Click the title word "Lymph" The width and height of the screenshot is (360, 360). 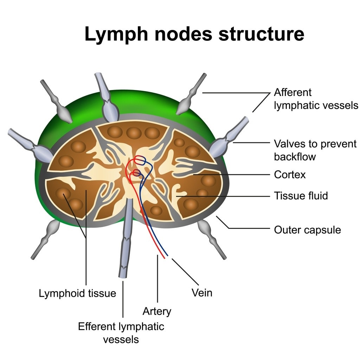pyautogui.click(x=116, y=34)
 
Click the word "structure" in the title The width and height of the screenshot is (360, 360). pyautogui.click(x=262, y=34)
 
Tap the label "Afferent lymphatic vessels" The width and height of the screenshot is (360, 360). pyautogui.click(x=316, y=99)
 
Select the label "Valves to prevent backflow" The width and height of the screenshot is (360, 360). pyautogui.click(x=315, y=150)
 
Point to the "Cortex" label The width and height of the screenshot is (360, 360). pyautogui.click(x=290, y=175)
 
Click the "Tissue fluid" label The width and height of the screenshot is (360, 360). pyautogui.click(x=301, y=196)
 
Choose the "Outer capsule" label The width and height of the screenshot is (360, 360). pyautogui.click(x=307, y=230)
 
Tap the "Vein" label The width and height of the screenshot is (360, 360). pyautogui.click(x=202, y=293)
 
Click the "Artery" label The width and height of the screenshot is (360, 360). pyautogui.click(x=157, y=311)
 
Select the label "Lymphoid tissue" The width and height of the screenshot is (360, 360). pyautogui.click(x=77, y=294)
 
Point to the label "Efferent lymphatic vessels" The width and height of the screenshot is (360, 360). pyautogui.click(x=121, y=333)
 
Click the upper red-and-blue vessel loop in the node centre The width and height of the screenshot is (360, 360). pyautogui.click(x=140, y=160)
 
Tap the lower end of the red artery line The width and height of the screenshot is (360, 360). pyautogui.click(x=165, y=258)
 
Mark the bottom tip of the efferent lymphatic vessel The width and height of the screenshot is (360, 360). pyautogui.click(x=122, y=277)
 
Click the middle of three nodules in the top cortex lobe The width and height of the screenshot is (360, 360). pyautogui.click(x=134, y=133)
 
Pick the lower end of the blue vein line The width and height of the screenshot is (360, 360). pyautogui.click(x=168, y=255)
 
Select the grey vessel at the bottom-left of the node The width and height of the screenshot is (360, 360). pyautogui.click(x=46, y=239)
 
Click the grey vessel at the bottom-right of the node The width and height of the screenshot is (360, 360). pyautogui.click(x=211, y=239)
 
